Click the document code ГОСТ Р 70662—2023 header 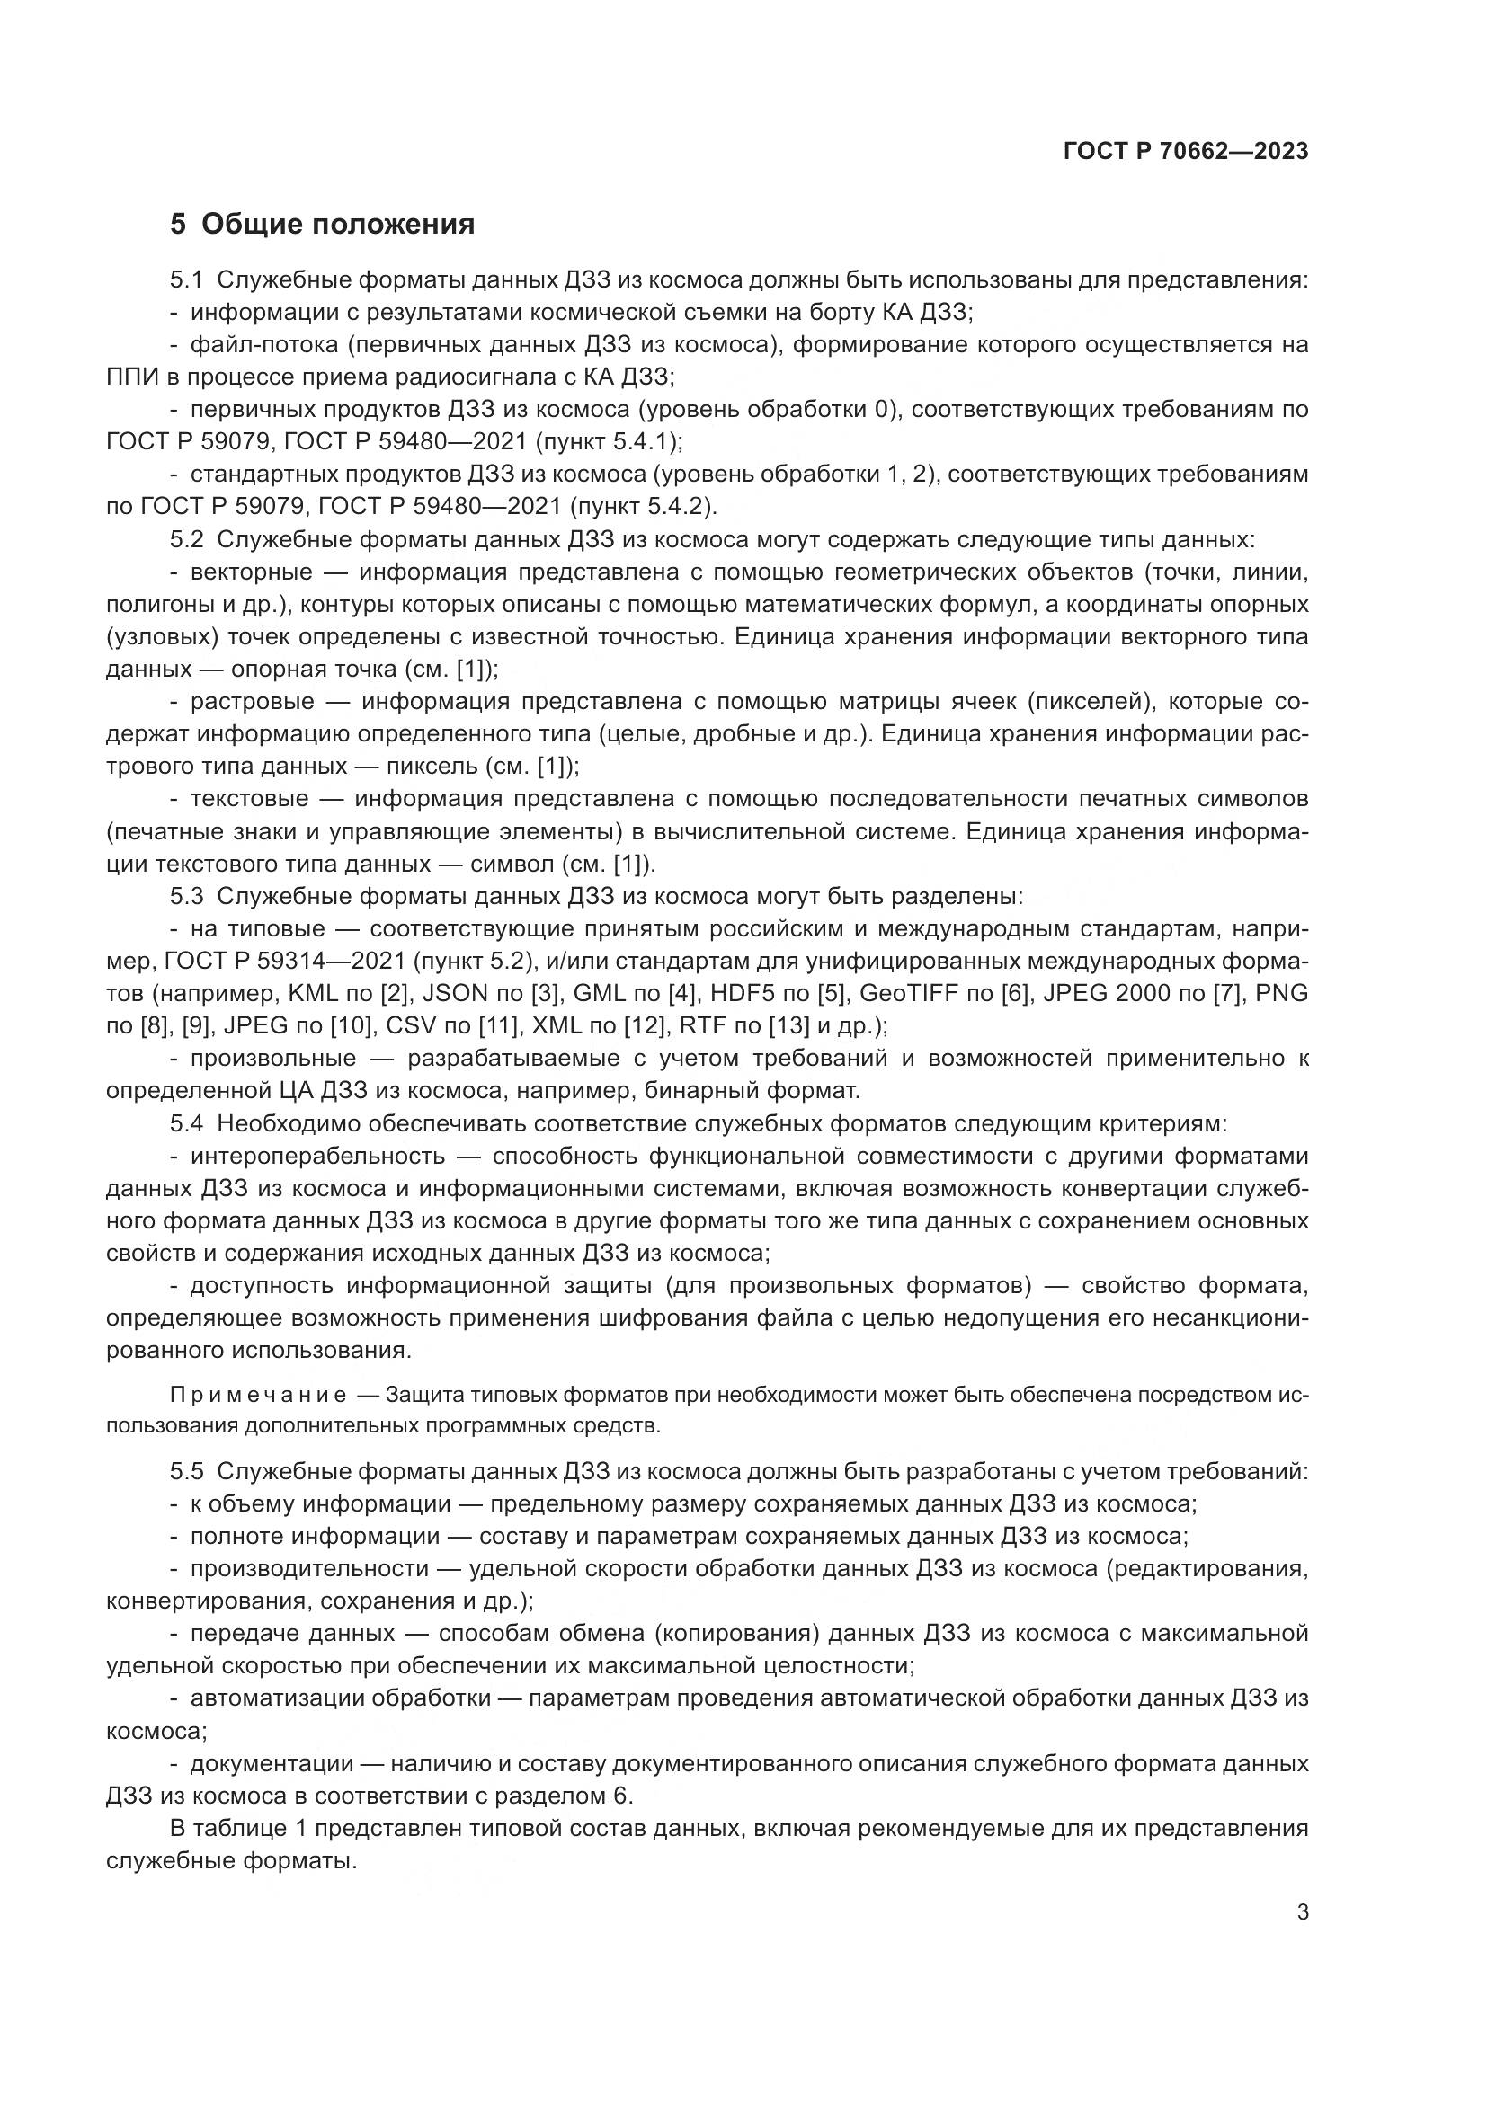coord(1186,151)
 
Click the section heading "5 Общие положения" coord(323,225)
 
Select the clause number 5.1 coord(186,280)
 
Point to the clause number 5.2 coord(186,539)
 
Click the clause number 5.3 coord(186,896)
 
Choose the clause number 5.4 coord(186,1123)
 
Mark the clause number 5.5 coord(186,1471)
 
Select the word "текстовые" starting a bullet coord(250,799)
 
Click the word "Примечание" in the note coord(257,1396)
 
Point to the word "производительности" coord(309,1568)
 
